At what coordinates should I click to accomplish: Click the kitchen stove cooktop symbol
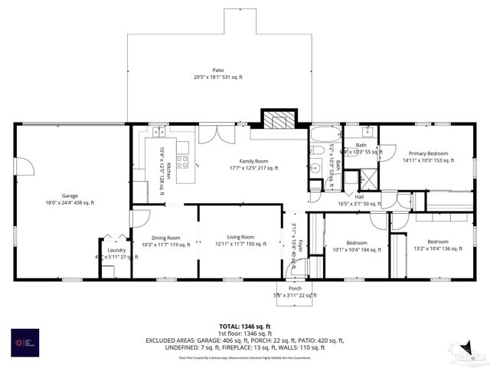tap(182, 161)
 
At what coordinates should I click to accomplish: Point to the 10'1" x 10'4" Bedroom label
tap(356, 246)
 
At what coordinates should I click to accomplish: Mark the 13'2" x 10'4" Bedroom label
tap(437, 245)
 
